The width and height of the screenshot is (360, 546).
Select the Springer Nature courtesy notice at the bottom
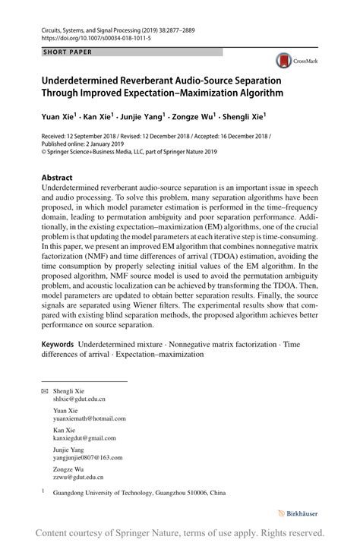point(180,532)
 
